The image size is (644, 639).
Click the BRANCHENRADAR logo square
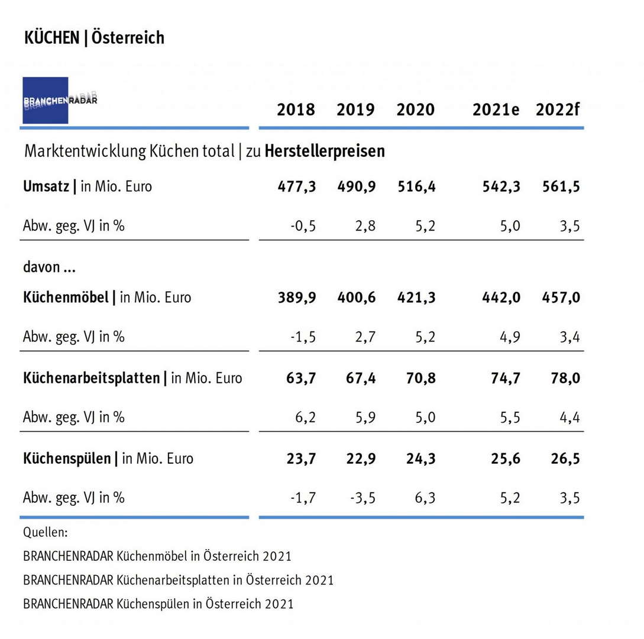46,100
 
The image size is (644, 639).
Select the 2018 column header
296,110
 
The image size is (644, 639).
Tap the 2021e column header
496,110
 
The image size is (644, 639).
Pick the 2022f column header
558,110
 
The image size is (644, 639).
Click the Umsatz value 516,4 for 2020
416,186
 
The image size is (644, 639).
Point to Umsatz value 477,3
297,186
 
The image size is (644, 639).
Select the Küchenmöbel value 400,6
356,298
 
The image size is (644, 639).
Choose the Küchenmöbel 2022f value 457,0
561,298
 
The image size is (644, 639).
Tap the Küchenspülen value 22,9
360,458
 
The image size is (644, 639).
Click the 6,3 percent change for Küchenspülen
423,498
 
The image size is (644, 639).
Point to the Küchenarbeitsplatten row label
92,378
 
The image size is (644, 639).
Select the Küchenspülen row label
67,458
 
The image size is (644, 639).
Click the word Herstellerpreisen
325,151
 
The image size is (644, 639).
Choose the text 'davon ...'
50,267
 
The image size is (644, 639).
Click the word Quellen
46,532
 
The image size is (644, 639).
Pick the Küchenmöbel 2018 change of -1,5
304,337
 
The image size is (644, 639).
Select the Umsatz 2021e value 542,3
501,186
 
